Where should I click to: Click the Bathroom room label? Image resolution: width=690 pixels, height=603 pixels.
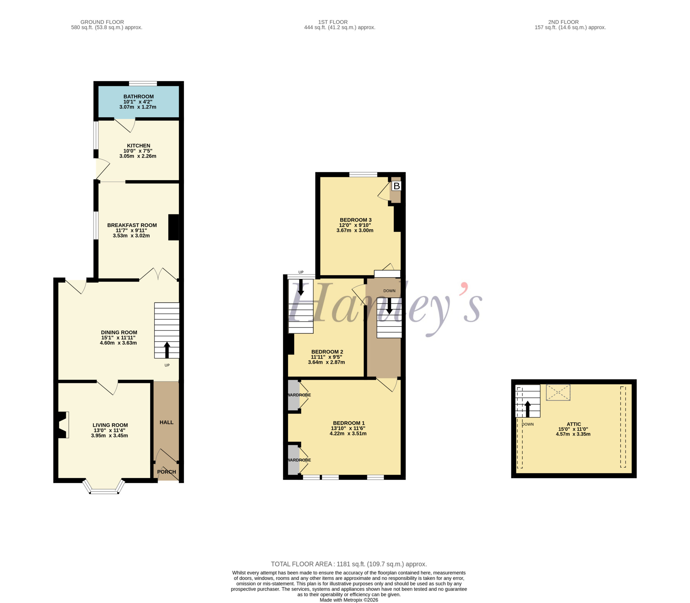click(x=139, y=97)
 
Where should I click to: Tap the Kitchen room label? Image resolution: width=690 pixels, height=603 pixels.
click(x=139, y=146)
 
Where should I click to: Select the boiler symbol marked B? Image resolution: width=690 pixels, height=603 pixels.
click(x=396, y=186)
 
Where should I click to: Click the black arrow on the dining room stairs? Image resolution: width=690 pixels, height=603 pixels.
click(x=167, y=350)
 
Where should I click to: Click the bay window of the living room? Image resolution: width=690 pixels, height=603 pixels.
click(x=104, y=487)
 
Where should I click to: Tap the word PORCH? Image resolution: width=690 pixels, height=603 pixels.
click(x=167, y=472)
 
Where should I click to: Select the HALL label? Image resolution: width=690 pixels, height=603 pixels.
click(x=167, y=422)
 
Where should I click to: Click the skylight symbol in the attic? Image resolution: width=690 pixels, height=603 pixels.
click(x=558, y=392)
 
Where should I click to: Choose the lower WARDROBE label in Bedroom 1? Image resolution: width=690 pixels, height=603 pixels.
click(x=299, y=460)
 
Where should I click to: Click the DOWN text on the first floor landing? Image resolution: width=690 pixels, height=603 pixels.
click(x=389, y=291)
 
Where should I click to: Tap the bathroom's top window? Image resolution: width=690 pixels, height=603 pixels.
click(x=143, y=83)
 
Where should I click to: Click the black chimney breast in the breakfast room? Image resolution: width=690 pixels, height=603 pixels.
click(x=174, y=227)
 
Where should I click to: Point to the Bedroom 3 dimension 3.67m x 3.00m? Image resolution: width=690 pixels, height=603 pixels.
click(x=355, y=230)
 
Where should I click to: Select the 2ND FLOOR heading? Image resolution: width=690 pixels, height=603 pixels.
click(x=563, y=22)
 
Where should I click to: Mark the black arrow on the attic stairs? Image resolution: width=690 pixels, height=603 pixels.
click(x=528, y=409)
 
